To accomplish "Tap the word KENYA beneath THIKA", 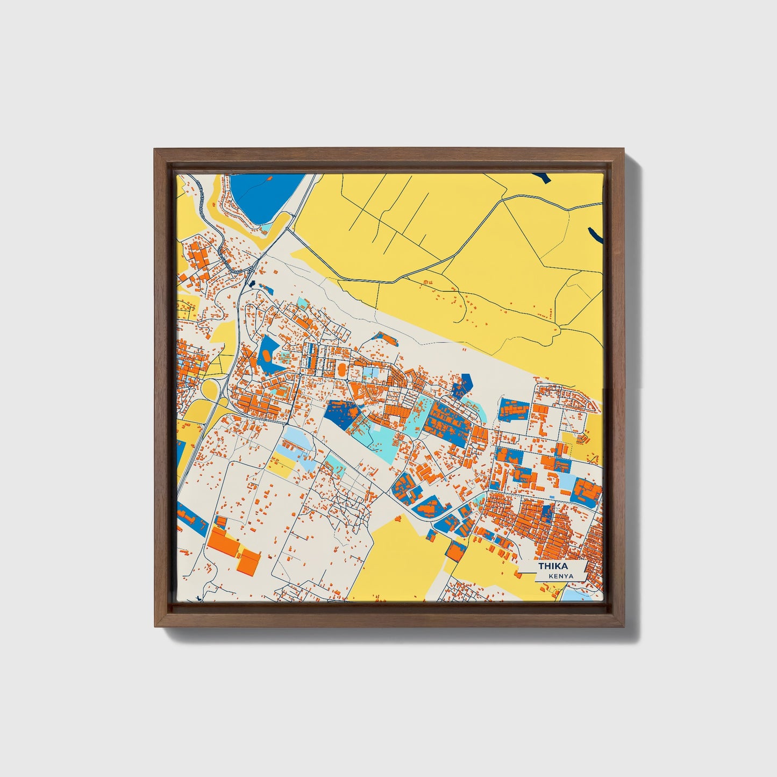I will [561, 576].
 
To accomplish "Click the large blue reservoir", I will [263, 196].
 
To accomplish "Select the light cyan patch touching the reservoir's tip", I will [264, 228].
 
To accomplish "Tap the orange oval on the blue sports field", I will [267, 355].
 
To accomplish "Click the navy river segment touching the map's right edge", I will [595, 234].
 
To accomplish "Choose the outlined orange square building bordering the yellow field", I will [456, 551].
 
